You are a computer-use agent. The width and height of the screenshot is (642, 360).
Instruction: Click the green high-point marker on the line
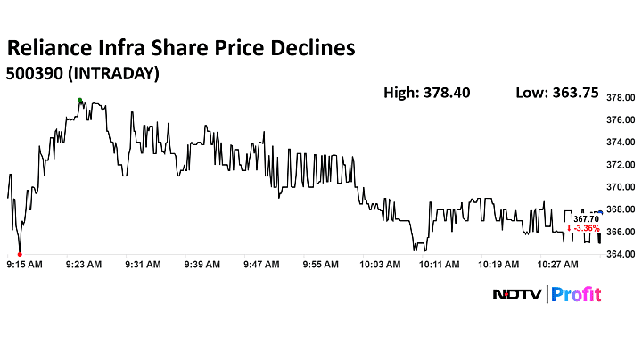pos(79,100)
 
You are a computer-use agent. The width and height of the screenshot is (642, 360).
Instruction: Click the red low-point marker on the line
pos(20,254)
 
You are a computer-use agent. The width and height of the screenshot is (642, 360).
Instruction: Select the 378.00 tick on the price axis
pos(621,97)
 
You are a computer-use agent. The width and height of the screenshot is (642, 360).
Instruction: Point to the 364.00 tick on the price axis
pos(621,255)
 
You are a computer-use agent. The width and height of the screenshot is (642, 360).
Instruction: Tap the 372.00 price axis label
pos(621,165)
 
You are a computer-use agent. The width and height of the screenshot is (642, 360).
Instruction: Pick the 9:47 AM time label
pos(262,265)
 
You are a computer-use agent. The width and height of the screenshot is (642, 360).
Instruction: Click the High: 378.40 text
pos(426,92)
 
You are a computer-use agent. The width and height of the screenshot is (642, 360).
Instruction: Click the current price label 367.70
pos(585,217)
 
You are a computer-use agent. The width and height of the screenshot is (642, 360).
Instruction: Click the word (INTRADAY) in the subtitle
pos(114,74)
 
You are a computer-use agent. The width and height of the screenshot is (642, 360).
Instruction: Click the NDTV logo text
pos(518,294)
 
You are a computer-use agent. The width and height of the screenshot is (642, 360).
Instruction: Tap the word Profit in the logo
pos(577,294)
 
